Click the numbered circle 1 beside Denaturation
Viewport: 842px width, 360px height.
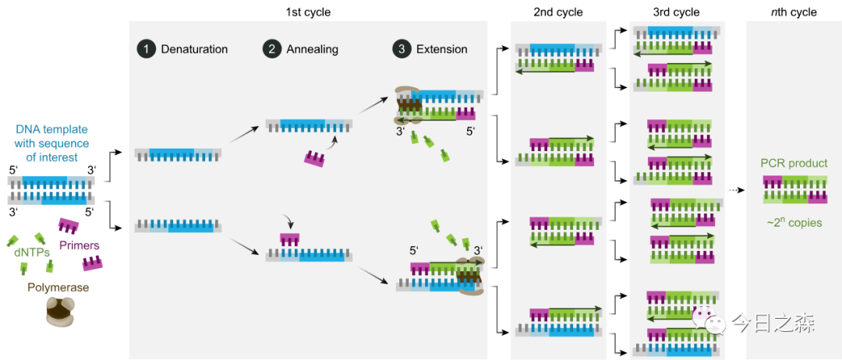point(145,49)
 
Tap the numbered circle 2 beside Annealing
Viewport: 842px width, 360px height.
point(272,49)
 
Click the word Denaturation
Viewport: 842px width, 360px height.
point(194,49)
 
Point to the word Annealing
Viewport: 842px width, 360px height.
point(313,49)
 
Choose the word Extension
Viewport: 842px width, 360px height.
point(441,49)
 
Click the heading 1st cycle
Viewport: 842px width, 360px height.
point(308,12)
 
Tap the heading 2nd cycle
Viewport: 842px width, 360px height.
point(558,12)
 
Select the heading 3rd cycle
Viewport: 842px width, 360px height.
point(676,12)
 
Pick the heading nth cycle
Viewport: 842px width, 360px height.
point(793,12)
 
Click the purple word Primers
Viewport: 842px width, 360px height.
point(80,245)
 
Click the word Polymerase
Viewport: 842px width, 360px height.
point(58,288)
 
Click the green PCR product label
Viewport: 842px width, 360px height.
point(794,164)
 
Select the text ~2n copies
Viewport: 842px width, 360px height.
point(794,223)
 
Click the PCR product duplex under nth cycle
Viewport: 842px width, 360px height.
point(794,189)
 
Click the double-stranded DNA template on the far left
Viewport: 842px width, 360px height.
point(51,190)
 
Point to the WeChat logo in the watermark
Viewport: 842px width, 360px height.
point(711,321)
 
